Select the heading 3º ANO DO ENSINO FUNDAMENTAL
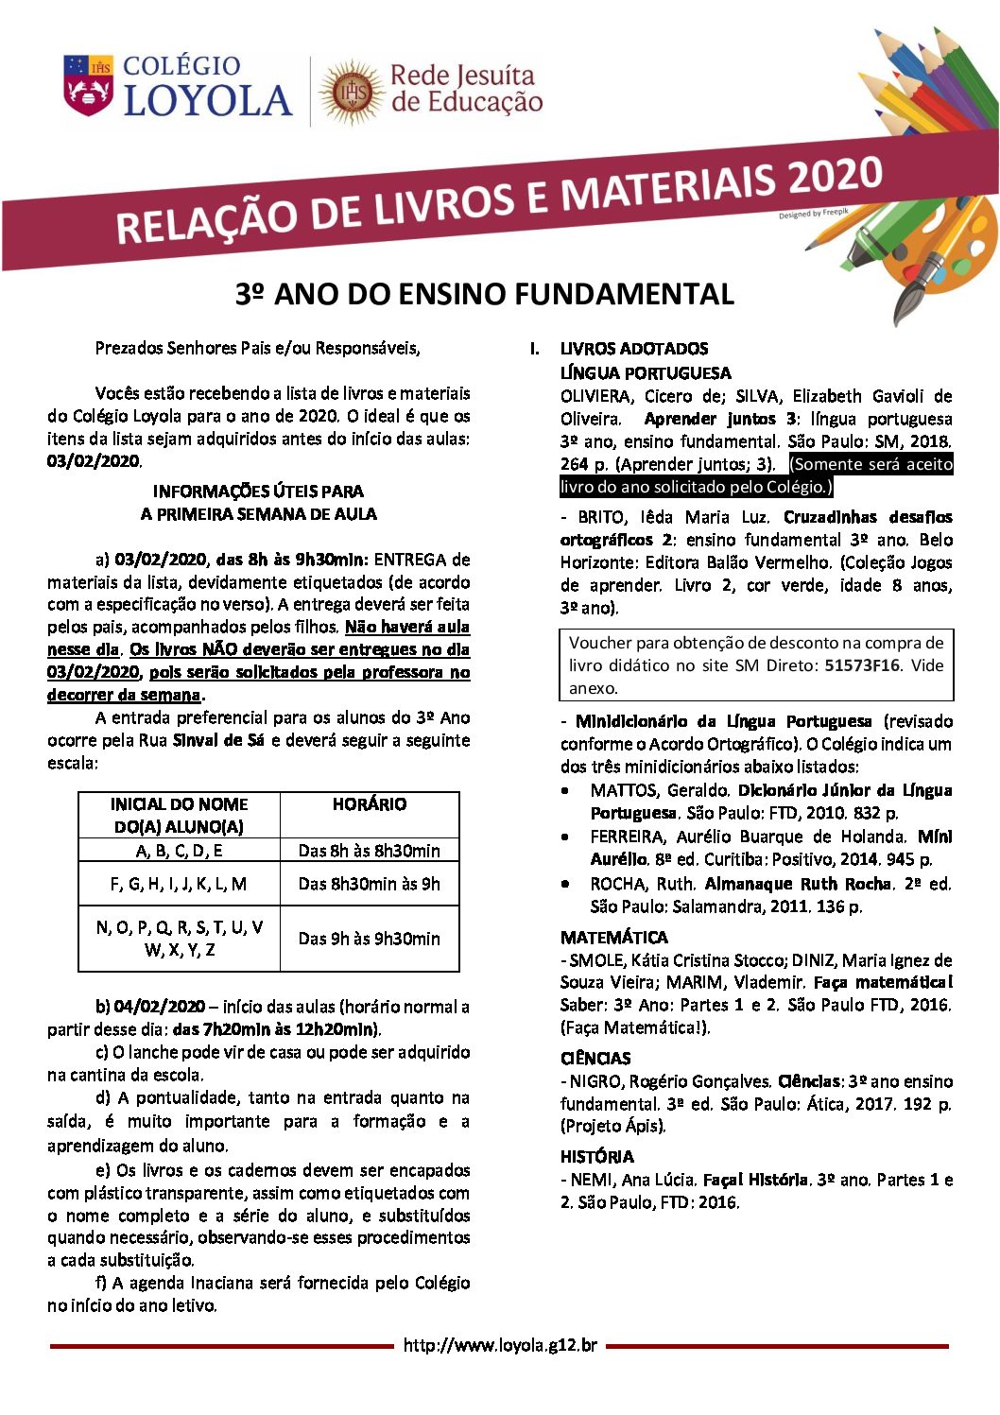484,294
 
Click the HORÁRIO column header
369,804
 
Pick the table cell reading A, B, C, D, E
179,851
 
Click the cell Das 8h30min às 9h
369,884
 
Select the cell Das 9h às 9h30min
369,939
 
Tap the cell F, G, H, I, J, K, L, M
179,884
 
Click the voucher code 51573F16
861,665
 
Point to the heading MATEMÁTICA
613,938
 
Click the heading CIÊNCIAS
595,1059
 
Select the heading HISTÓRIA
596,1157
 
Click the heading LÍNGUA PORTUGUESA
646,373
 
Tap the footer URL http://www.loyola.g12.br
500,1345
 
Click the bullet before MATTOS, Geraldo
565,790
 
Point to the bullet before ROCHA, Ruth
565,884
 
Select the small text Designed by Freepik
813,215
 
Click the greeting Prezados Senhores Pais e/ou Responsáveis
257,348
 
